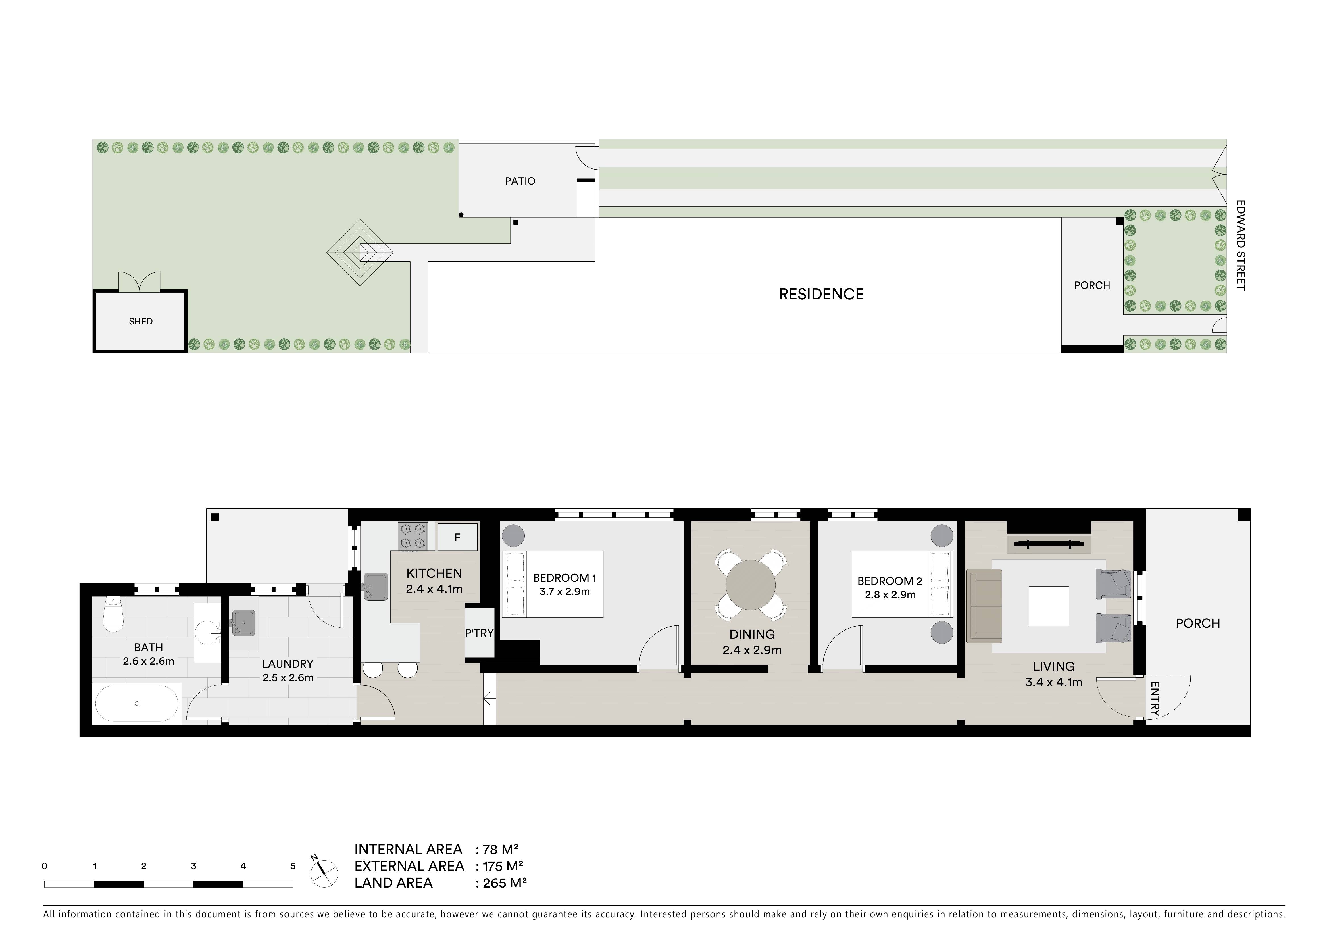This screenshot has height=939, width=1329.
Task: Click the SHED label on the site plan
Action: (141, 321)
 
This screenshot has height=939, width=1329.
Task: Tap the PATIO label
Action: (520, 181)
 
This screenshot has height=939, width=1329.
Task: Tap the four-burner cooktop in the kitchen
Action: (413, 536)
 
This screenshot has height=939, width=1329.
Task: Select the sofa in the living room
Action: (984, 606)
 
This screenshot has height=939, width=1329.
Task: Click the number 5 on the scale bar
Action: (293, 866)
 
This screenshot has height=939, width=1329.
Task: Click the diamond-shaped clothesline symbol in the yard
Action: (360, 252)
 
